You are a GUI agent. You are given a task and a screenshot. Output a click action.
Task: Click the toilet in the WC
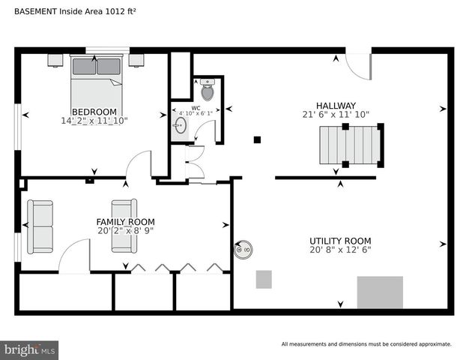tap(208, 91)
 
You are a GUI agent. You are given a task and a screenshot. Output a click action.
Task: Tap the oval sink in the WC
tap(180, 127)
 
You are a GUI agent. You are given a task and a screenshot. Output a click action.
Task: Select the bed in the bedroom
tap(97, 82)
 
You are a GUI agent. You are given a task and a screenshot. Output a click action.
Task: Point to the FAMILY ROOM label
tap(125, 222)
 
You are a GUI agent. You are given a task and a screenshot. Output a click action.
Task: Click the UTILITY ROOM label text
tap(340, 241)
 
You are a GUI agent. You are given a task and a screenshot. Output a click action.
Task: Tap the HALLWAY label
tap(335, 106)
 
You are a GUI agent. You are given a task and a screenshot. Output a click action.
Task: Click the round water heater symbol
tap(243, 250)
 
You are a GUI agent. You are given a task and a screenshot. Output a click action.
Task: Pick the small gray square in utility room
tap(264, 280)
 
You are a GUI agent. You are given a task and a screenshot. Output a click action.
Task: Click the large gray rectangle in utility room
tap(380, 292)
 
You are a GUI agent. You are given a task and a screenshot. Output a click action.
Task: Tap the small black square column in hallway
tap(257, 139)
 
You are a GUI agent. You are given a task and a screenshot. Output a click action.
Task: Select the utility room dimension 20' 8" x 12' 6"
tap(340, 250)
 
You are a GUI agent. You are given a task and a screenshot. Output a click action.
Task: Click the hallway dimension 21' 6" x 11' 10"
tap(335, 115)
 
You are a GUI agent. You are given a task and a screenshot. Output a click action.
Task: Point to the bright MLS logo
tap(30, 349)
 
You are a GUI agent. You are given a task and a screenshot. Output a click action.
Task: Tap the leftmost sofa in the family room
tap(40, 226)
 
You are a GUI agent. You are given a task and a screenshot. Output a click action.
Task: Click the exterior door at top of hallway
tap(360, 66)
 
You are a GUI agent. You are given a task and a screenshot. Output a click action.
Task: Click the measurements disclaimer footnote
tap(366, 344)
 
